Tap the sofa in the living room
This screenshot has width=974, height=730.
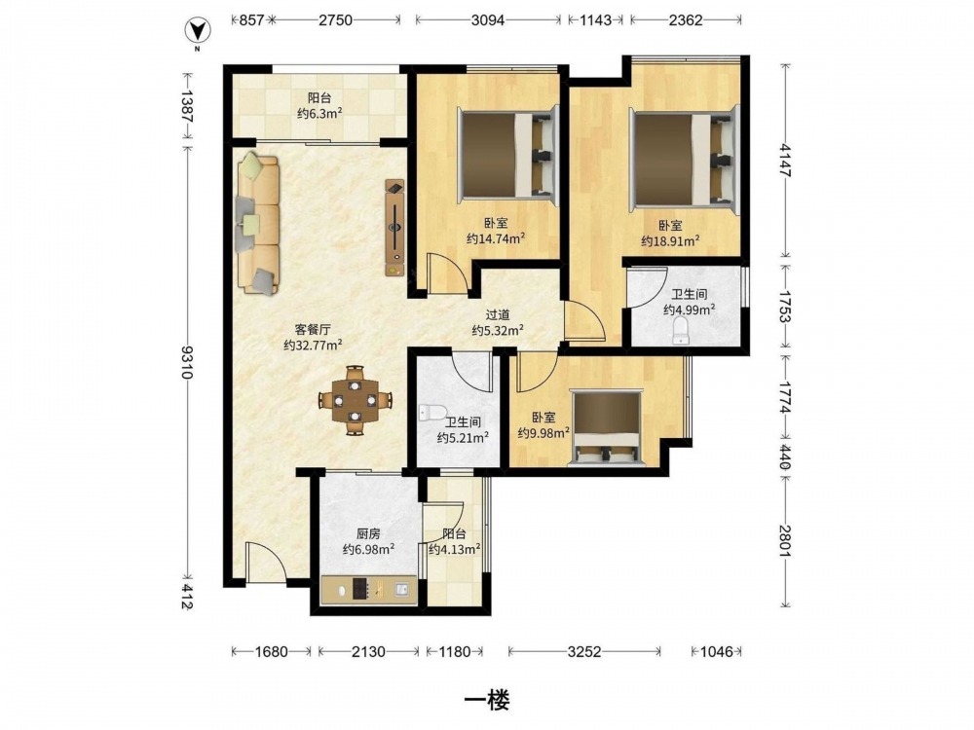(257, 223)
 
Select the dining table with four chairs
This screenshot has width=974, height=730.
(356, 400)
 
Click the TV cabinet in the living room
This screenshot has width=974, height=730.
(395, 228)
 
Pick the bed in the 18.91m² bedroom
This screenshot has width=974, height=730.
(685, 160)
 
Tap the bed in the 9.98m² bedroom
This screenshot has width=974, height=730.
(607, 428)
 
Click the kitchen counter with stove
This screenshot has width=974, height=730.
(368, 589)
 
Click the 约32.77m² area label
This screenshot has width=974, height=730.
(313, 346)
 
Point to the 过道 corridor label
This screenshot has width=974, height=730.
(498, 315)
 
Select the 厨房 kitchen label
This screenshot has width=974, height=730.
(368, 533)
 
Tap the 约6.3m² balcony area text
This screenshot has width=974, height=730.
(319, 113)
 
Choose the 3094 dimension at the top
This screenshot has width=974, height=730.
(488, 20)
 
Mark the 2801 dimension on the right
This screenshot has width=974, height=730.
(785, 541)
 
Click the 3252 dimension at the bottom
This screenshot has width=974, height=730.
(583, 652)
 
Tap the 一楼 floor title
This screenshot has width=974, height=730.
(487, 701)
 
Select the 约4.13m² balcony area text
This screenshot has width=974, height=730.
(455, 549)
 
